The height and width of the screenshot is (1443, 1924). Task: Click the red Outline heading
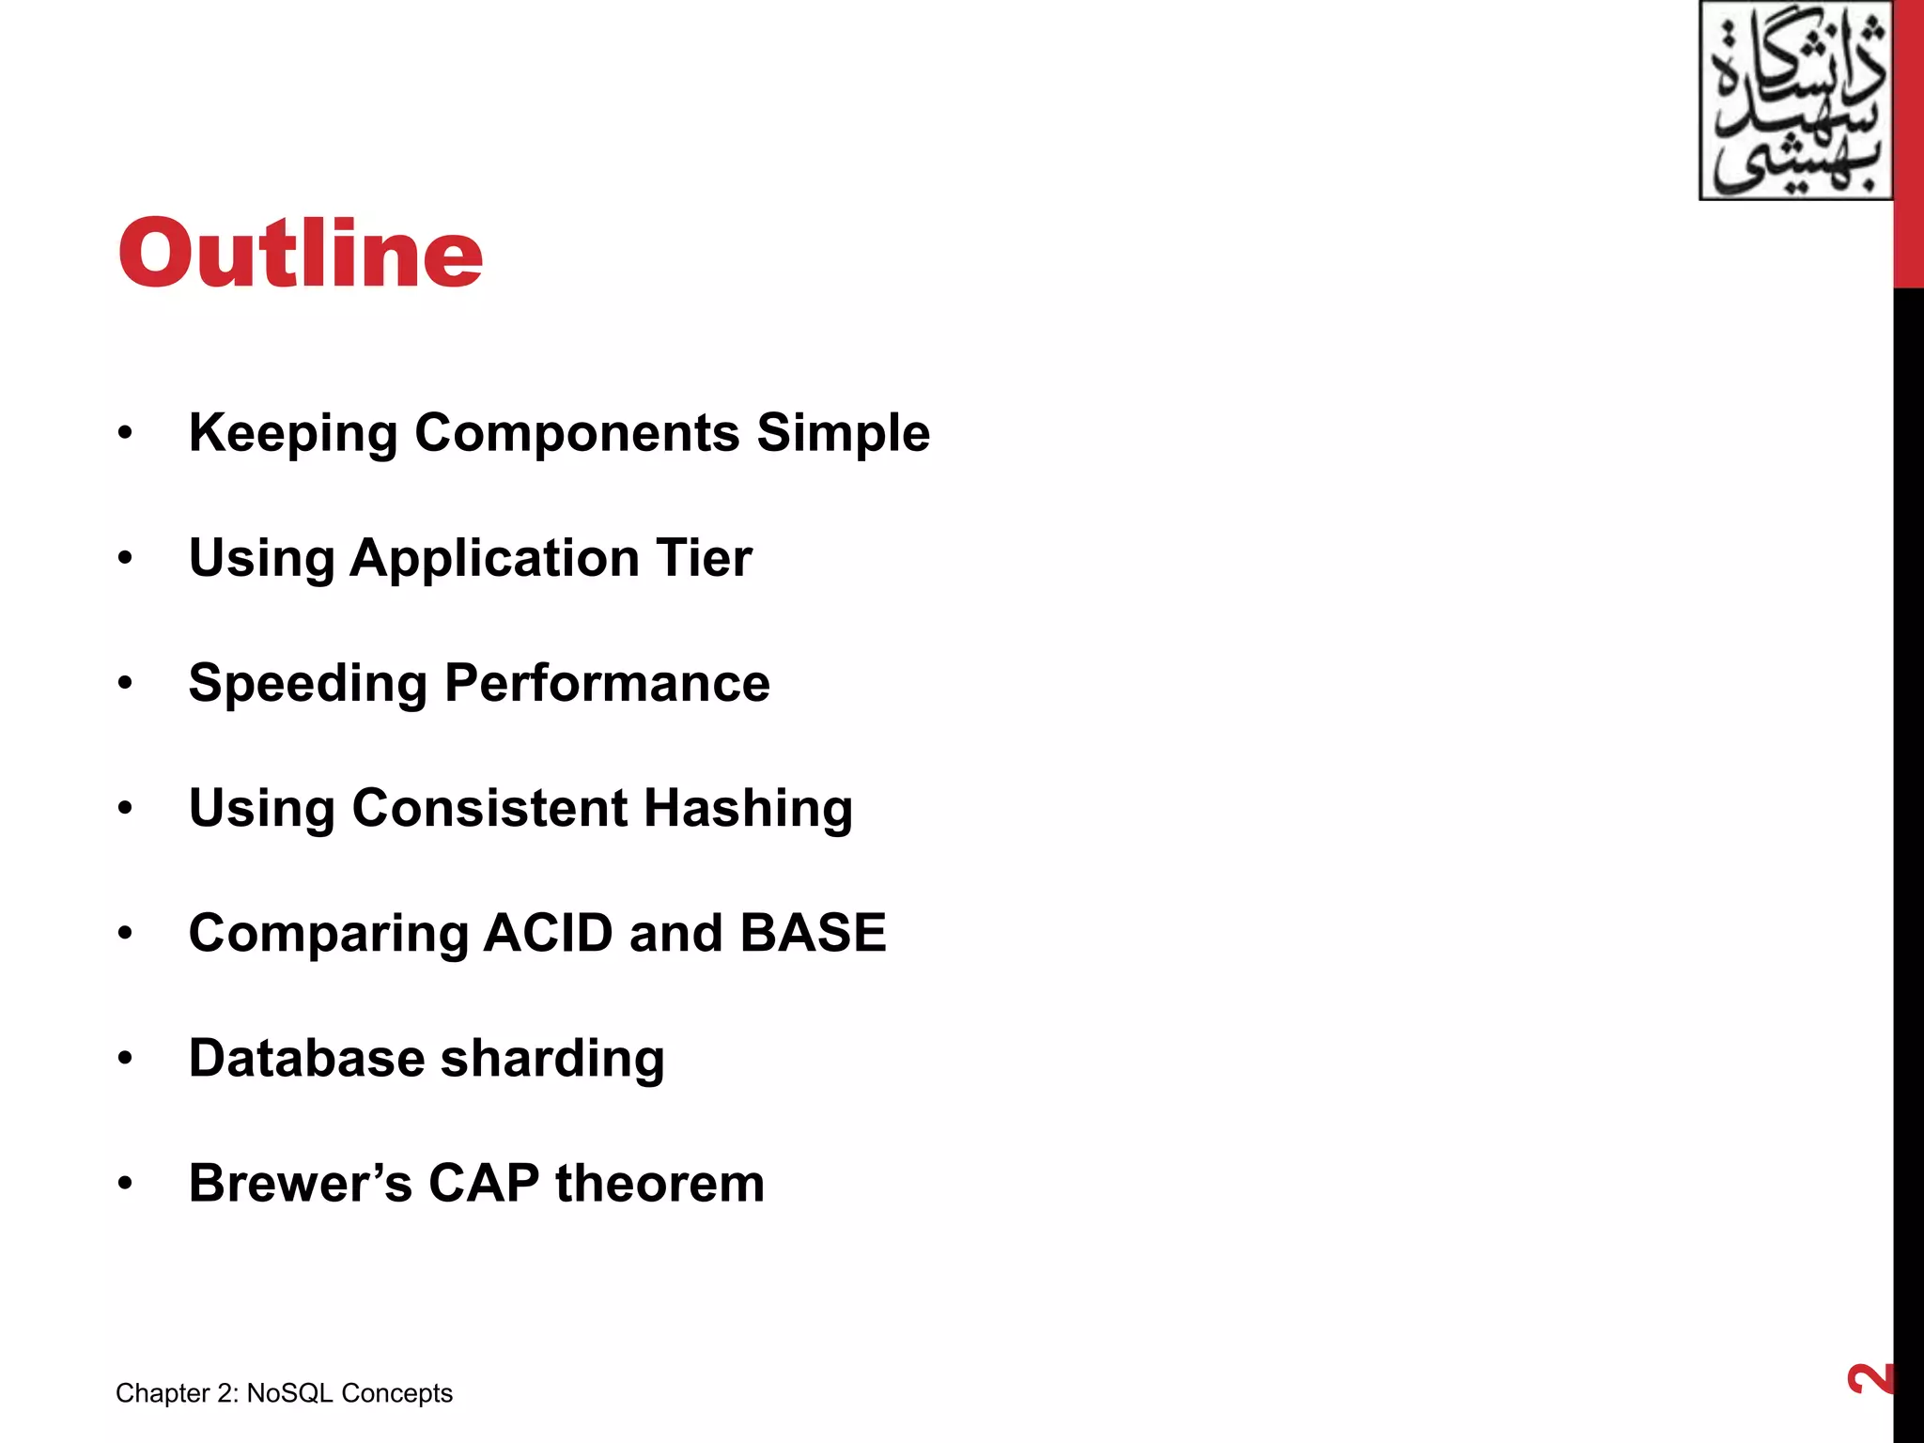click(301, 253)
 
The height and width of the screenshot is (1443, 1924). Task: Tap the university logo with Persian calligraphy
click(1795, 101)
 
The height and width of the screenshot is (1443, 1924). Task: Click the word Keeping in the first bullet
click(293, 434)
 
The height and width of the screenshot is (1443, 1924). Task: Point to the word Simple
click(843, 434)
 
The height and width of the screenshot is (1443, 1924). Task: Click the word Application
click(495, 559)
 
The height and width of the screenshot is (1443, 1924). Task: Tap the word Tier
click(704, 558)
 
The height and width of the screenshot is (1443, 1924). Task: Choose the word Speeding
click(308, 684)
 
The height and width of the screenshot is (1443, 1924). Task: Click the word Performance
click(607, 683)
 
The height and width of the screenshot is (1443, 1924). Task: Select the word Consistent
click(489, 808)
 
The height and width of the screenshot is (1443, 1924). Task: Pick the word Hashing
click(748, 810)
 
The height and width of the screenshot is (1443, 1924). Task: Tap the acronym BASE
click(813, 933)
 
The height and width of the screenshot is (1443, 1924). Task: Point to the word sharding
click(552, 1060)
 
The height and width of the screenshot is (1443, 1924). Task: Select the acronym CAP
click(484, 1183)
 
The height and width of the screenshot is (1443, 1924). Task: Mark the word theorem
click(659, 1183)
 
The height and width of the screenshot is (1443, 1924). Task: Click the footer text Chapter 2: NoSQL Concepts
click(284, 1393)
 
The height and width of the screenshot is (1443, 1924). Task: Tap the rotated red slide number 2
click(1870, 1379)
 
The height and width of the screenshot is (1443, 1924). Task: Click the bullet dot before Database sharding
click(125, 1059)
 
